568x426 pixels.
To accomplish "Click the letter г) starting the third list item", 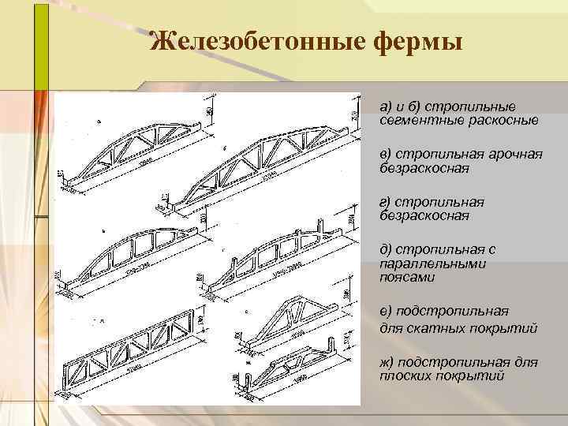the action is click(385, 202).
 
